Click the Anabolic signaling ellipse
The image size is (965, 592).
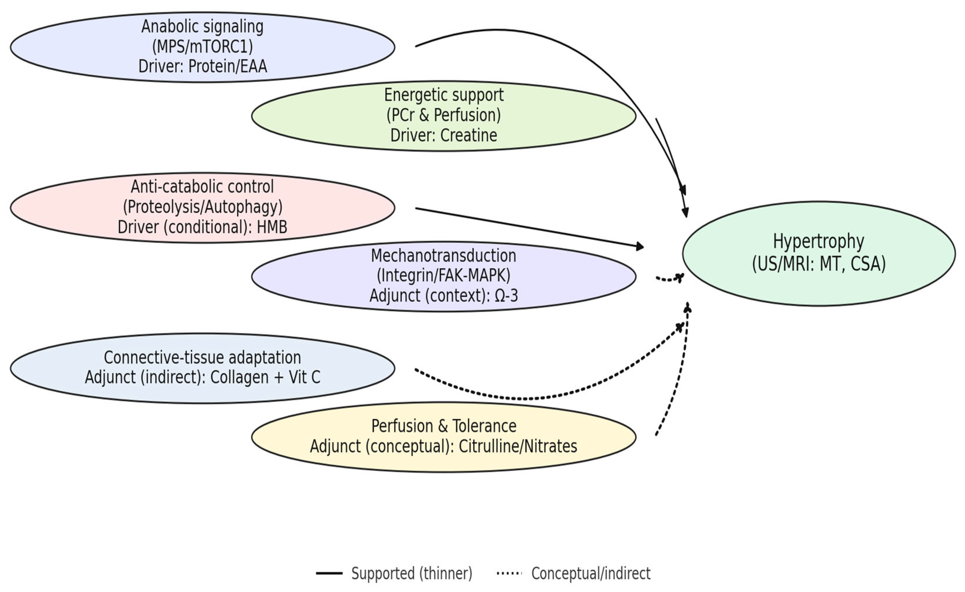point(202,47)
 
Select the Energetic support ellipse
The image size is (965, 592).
point(444,116)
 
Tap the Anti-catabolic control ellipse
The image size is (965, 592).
point(202,207)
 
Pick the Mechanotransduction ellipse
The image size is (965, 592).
point(444,276)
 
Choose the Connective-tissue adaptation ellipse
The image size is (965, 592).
point(202,368)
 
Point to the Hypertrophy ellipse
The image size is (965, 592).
point(819,253)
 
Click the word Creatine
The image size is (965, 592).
point(469,135)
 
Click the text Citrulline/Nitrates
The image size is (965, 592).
point(518,446)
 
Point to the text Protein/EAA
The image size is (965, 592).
point(228,66)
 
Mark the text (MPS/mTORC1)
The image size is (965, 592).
point(202,47)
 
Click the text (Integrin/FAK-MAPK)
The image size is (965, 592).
point(444,276)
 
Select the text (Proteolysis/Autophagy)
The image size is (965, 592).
point(203,207)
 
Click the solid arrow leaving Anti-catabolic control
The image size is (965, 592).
point(530,228)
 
